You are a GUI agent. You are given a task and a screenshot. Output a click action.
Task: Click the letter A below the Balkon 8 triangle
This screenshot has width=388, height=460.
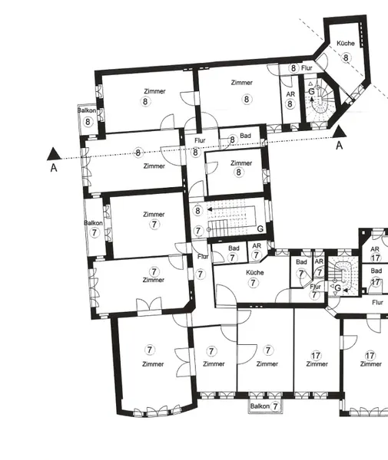click(53, 167)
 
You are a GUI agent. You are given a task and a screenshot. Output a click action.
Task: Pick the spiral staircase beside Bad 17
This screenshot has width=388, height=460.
click(343, 277)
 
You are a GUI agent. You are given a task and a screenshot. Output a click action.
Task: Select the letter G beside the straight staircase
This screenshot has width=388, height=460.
click(260, 228)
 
